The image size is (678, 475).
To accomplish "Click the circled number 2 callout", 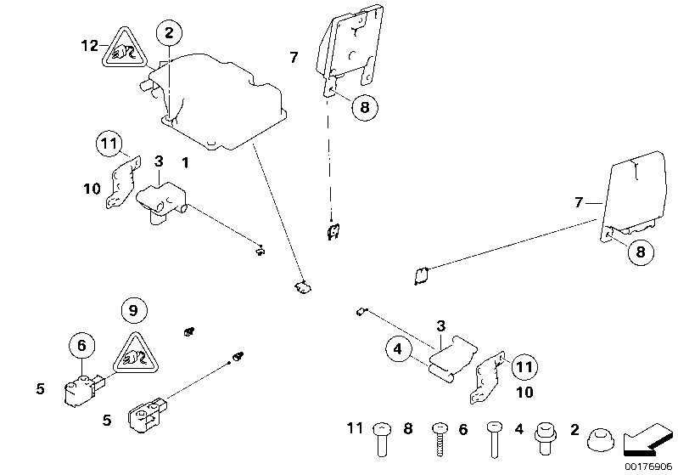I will point(169,34).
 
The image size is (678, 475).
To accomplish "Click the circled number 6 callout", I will point(81,346).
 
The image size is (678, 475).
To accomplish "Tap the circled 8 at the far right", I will point(642,252).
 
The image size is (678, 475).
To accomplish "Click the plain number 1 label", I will point(184,161).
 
